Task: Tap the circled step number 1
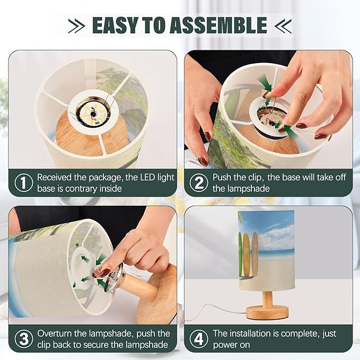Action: pyautogui.click(x=24, y=183)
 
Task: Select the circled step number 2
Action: pyautogui.click(x=199, y=183)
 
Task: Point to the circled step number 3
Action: pyautogui.click(x=24, y=339)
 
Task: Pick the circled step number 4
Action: pyautogui.click(x=199, y=339)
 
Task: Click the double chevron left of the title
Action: pyautogui.click(x=77, y=25)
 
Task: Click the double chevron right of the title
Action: pyautogui.click(x=283, y=25)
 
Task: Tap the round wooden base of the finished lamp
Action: pyautogui.click(x=267, y=312)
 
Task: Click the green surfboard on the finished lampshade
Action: pyautogui.click(x=240, y=254)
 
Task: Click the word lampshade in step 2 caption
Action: pyautogui.click(x=241, y=189)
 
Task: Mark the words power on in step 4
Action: pyautogui.click(x=231, y=345)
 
